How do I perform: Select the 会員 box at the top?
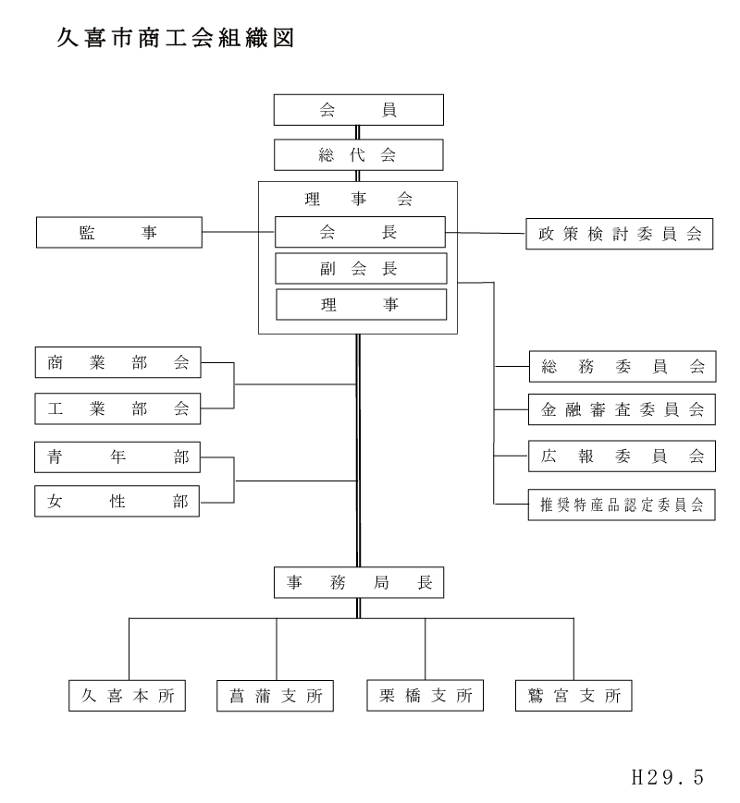pyautogui.click(x=359, y=110)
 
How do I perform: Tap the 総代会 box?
pyautogui.click(x=359, y=153)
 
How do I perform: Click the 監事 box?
pyautogui.click(x=118, y=233)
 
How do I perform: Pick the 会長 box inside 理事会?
pyautogui.click(x=360, y=232)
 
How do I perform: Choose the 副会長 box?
pyautogui.click(x=360, y=268)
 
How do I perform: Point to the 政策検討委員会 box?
pyautogui.click(x=620, y=234)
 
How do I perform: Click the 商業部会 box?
pyautogui.click(x=117, y=363)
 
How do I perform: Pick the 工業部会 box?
pyautogui.click(x=117, y=408)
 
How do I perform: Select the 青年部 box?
pyautogui.click(x=117, y=457)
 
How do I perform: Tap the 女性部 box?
pyautogui.click(x=117, y=502)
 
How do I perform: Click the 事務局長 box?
pyautogui.click(x=359, y=582)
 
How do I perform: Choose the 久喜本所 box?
pyautogui.click(x=128, y=696)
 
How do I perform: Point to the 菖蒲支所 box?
pyautogui.click(x=276, y=696)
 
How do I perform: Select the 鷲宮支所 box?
pyautogui.click(x=573, y=696)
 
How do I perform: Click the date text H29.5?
pyautogui.click(x=666, y=777)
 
